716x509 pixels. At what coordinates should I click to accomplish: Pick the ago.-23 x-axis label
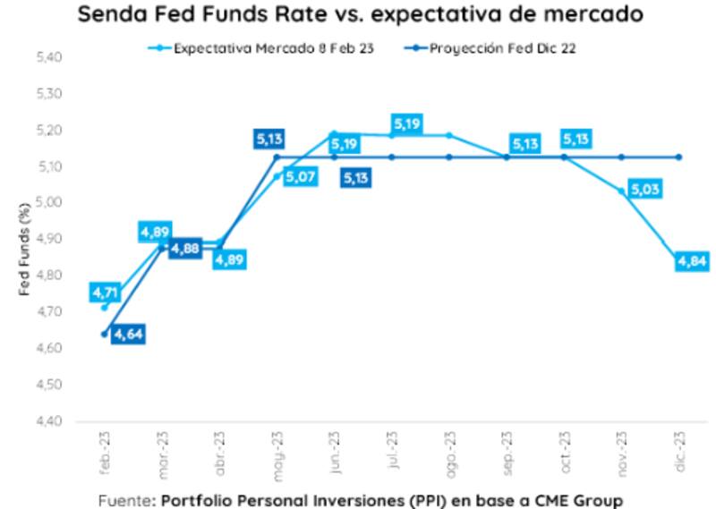(448, 447)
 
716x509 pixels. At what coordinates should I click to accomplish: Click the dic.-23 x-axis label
(680, 447)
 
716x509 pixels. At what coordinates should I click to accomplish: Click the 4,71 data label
(105, 292)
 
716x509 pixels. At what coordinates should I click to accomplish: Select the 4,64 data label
(128, 335)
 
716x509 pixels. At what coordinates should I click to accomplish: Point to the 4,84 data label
(692, 261)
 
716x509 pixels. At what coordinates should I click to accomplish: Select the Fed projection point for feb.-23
(105, 334)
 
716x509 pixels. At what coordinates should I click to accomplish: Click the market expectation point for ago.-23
(448, 135)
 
